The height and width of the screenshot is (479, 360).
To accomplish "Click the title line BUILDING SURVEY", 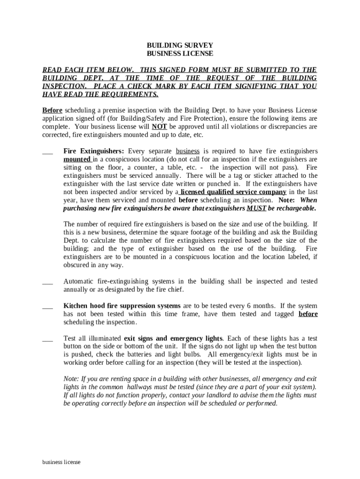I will point(180,45).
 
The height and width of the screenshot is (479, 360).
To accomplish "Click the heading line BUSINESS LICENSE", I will point(180,54).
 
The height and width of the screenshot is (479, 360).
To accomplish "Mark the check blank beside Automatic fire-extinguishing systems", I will point(47,283).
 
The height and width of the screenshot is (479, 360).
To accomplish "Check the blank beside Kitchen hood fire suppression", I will point(47,307).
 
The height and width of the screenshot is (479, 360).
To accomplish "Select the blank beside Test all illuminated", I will point(47,340).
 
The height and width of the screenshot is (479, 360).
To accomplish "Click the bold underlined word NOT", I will point(159,127).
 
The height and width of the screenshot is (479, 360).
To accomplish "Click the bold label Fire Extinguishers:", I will point(94,151).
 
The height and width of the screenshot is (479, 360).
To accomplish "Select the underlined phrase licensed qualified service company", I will point(233,192).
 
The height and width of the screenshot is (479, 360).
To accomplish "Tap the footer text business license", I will point(61,462).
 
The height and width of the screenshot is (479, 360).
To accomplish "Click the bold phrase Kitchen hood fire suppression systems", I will point(122,306).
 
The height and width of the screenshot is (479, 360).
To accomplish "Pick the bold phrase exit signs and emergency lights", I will point(173,338).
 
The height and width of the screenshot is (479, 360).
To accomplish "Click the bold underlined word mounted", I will point(77,159).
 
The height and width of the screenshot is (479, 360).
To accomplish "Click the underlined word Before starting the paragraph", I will point(52,110).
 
